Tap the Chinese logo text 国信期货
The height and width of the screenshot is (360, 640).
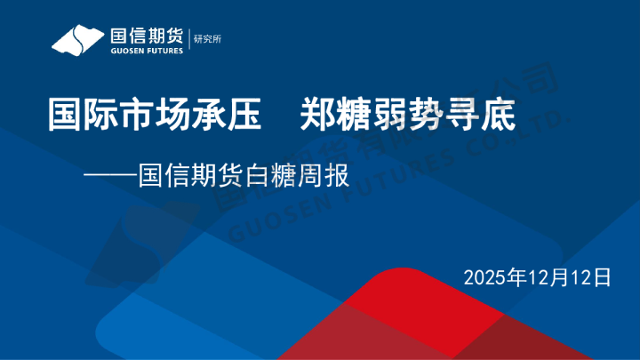tap(146, 35)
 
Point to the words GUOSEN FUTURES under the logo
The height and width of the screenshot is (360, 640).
tap(146, 52)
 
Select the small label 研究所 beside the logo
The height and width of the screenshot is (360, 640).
tap(207, 40)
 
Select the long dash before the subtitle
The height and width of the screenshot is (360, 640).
tap(110, 172)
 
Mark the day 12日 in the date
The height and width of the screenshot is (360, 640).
tap(591, 276)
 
